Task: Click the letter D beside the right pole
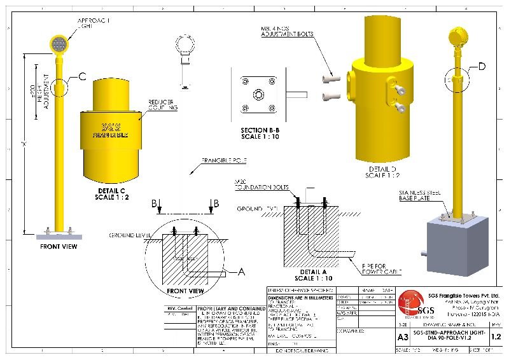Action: (x=482, y=67)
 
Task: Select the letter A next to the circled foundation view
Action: (x=241, y=271)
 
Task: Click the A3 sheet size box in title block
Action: (x=403, y=337)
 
